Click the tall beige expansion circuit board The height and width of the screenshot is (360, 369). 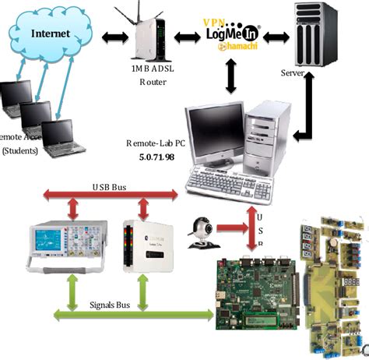click(x=334, y=281)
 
